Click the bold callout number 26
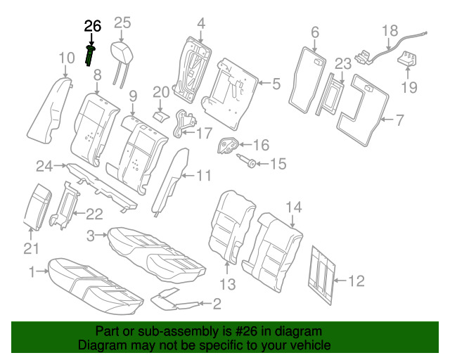tap(93, 27)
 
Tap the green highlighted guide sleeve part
tap(90, 56)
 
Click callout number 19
tap(409, 86)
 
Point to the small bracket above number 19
tap(406, 59)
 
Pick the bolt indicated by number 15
tap(247, 160)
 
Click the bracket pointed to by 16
tap(228, 146)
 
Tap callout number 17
tap(203, 133)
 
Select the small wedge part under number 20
tap(160, 117)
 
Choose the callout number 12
tap(356, 281)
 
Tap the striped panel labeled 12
tap(321, 275)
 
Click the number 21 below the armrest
tap(31, 249)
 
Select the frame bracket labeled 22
tap(64, 205)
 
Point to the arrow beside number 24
tap(60, 166)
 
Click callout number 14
tap(294, 207)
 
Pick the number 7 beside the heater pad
tap(400, 120)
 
